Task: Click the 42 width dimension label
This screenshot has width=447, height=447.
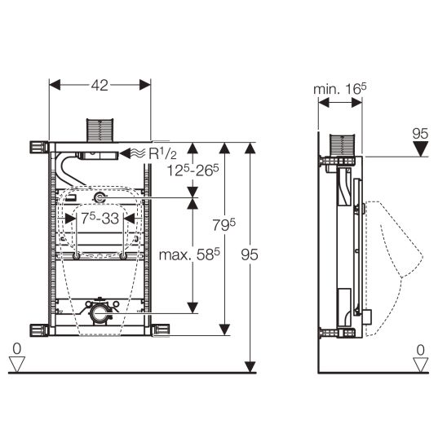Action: [x=100, y=85]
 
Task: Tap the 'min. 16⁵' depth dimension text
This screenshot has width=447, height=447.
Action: [x=340, y=89]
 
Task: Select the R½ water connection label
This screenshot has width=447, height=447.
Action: [x=163, y=153]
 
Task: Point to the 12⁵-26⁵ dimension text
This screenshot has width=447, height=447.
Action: [x=193, y=170]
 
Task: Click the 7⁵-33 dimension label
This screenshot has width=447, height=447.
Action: [x=100, y=219]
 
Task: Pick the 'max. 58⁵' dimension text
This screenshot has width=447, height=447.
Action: [x=189, y=254]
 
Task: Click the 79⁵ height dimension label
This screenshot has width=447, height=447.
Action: [x=224, y=224]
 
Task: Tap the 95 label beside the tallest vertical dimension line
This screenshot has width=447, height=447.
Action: [x=250, y=254]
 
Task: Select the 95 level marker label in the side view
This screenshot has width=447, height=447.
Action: [x=420, y=134]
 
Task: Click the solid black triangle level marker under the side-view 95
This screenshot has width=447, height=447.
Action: [x=421, y=149]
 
